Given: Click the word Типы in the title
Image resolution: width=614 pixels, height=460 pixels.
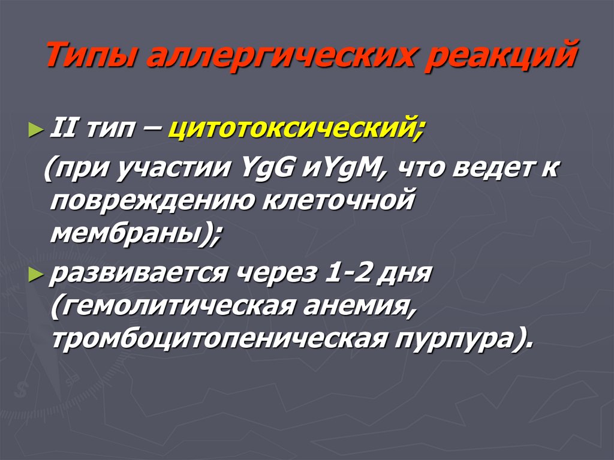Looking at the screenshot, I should tap(91, 58).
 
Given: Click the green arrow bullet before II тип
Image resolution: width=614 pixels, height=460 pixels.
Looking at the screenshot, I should tap(36, 130).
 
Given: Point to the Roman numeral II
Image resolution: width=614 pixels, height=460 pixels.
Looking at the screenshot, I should tap(61, 128).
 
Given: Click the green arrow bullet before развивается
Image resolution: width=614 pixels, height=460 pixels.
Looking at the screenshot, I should tap(36, 275).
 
